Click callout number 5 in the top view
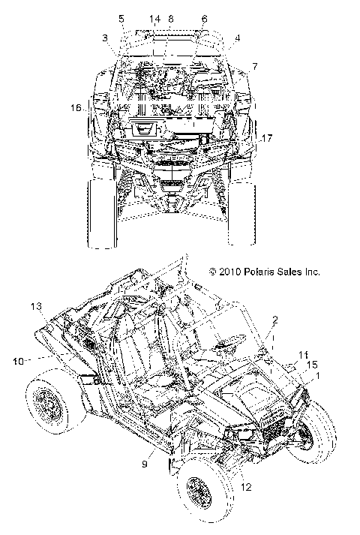pos(121,17)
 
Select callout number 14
pos(154,17)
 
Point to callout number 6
pos(204,17)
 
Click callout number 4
pos(238,37)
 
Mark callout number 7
pos(255,67)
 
